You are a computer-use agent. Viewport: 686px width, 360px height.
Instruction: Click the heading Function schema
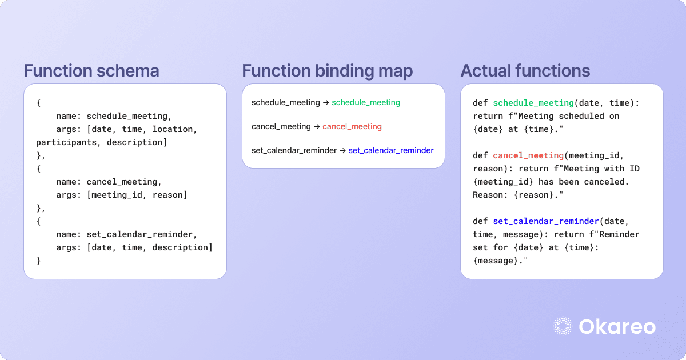91,71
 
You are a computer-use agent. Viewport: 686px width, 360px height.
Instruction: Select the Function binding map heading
328,71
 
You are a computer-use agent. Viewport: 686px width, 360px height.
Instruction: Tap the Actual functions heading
525,71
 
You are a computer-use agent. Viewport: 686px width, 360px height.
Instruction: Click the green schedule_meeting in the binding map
366,103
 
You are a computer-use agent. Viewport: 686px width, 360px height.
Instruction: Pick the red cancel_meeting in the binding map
352,127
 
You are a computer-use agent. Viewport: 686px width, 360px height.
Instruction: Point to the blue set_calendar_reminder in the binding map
391,151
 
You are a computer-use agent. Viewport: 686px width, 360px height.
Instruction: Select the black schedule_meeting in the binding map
286,103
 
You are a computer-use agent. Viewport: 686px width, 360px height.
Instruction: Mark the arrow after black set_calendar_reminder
342,151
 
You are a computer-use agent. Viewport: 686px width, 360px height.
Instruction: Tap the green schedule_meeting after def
533,103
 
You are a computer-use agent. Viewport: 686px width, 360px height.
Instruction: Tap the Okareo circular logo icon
564,326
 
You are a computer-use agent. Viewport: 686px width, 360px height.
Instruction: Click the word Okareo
617,326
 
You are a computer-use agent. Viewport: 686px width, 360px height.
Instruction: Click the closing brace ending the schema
39,261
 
